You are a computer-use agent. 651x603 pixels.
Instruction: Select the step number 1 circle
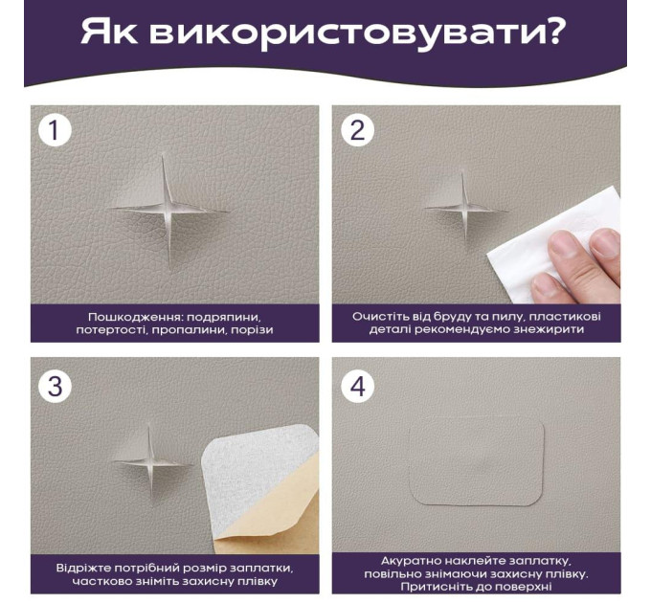pyautogui.click(x=55, y=130)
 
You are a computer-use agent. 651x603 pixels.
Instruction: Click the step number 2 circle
pyautogui.click(x=357, y=130)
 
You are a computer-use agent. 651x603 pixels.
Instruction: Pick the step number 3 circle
pyautogui.click(x=55, y=387)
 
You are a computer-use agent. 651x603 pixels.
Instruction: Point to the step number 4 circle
pyautogui.click(x=357, y=387)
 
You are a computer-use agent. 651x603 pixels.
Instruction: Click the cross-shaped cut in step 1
pyautogui.click(x=168, y=210)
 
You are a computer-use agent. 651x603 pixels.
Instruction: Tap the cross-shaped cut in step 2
pyautogui.click(x=464, y=209)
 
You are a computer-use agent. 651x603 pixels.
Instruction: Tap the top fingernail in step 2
pyautogui.click(x=605, y=243)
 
